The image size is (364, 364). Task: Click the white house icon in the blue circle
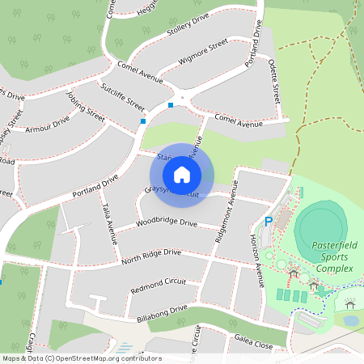[182, 174]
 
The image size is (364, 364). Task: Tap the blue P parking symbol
[269, 222]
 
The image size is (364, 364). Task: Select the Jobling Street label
[86, 106]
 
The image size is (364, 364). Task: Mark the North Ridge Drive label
[151, 257]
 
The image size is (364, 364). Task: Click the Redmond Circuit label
[158, 285]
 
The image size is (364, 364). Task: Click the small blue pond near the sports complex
[350, 320]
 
